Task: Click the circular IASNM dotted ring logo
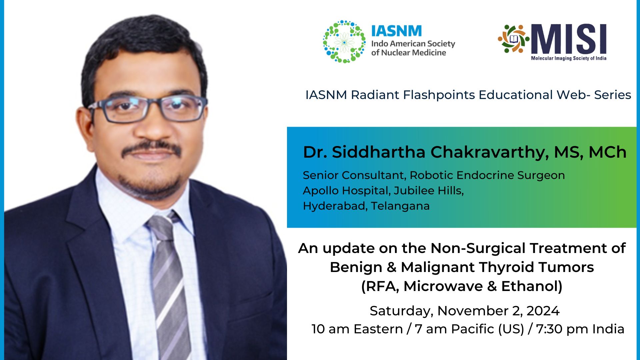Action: [x=344, y=42]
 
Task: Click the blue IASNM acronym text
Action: [x=396, y=31]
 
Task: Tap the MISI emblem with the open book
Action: [x=513, y=39]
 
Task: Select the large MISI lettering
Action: [x=569, y=39]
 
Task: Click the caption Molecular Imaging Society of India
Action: [x=568, y=58]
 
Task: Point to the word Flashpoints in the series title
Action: [x=439, y=95]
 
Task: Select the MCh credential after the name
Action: [x=607, y=152]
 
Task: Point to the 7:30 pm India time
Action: [x=580, y=329]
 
